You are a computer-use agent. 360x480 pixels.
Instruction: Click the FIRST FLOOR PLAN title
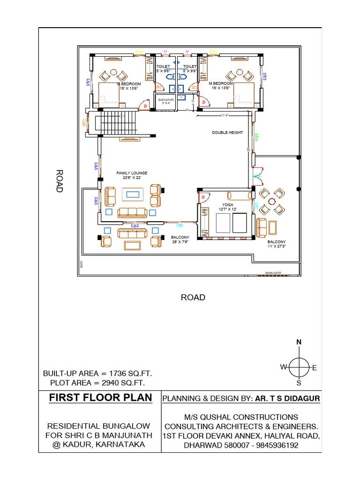tap(101, 398)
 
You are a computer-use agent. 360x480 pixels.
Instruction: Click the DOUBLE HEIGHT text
tap(227, 133)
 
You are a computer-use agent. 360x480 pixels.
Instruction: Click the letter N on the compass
tap(299, 342)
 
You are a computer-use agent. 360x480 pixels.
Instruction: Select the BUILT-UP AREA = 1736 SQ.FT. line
tap(97, 374)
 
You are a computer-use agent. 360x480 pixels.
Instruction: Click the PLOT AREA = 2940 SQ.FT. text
tap(97, 383)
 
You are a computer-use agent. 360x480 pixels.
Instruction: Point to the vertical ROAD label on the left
tap(60, 181)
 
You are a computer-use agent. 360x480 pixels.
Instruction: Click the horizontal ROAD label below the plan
tap(193, 297)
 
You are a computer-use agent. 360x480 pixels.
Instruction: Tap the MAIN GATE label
tap(273, 273)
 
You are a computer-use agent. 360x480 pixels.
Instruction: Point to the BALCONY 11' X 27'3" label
tap(277, 244)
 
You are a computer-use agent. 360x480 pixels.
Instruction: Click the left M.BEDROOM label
tap(129, 86)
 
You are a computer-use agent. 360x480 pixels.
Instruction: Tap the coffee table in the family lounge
tap(132, 194)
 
